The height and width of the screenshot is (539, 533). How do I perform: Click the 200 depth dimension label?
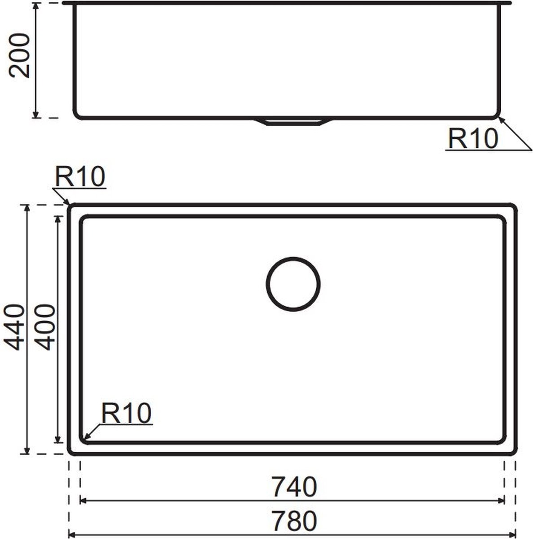[19, 56]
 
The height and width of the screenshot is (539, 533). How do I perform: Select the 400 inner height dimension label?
[46, 327]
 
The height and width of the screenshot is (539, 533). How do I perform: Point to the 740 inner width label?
[294, 487]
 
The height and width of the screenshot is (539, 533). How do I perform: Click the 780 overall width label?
[294, 521]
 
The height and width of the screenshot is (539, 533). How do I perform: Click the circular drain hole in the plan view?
[293, 284]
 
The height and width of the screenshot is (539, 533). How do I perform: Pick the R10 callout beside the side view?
[473, 138]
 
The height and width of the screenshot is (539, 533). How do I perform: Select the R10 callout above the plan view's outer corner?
[80, 176]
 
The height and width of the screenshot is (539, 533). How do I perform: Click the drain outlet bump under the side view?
[293, 122]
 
